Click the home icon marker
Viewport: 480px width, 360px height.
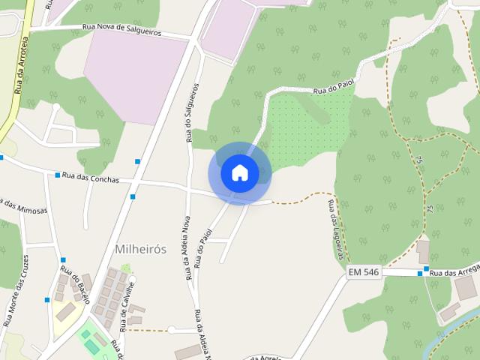(x=240, y=172)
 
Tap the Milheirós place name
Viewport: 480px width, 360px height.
(x=139, y=248)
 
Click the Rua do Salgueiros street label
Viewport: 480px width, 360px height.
(x=190, y=113)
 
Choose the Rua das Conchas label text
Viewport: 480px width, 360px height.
(x=91, y=178)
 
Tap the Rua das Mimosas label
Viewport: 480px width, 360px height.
(x=23, y=207)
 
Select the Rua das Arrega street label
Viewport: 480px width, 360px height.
(x=453, y=272)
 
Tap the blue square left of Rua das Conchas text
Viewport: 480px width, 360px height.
(x=58, y=175)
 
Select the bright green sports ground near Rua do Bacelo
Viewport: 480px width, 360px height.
(x=92, y=341)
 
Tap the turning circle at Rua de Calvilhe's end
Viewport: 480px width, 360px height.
(x=172, y=330)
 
